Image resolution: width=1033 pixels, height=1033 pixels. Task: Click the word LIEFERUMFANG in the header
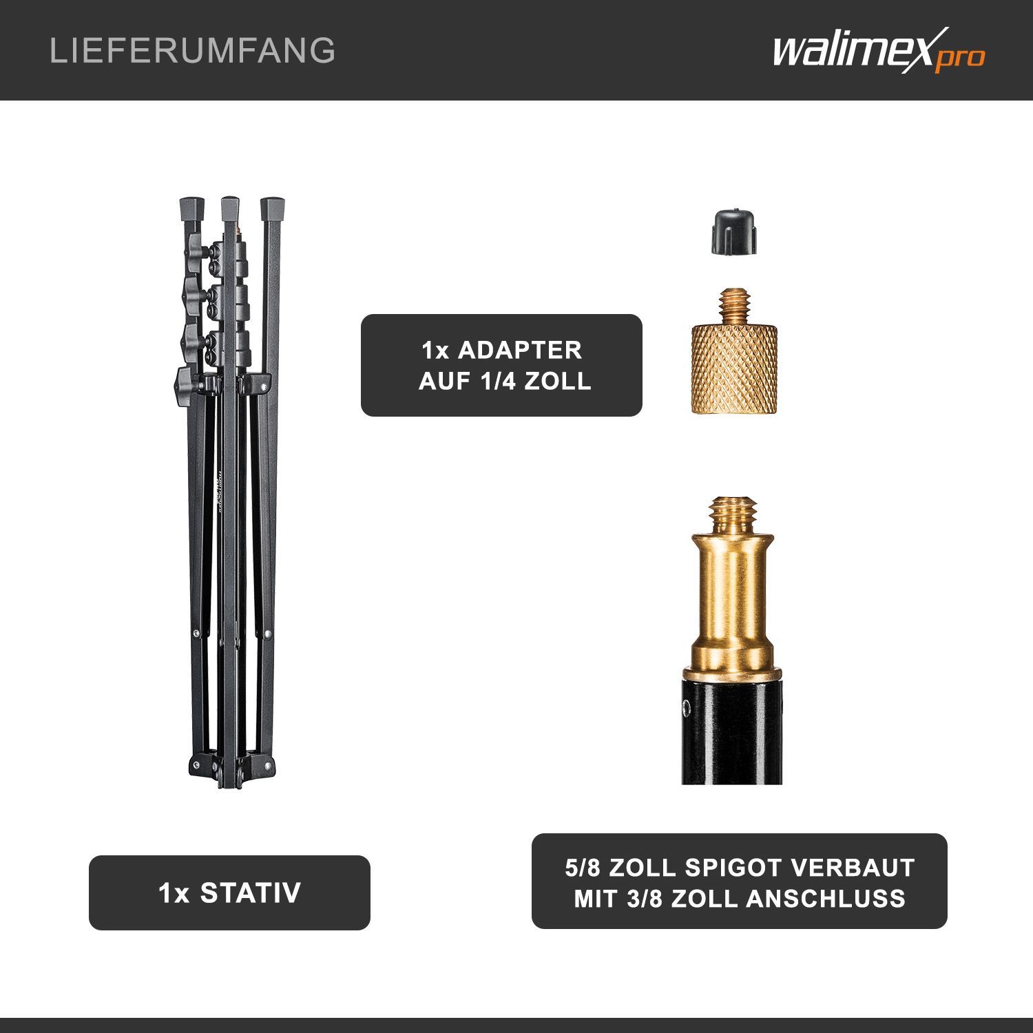193,51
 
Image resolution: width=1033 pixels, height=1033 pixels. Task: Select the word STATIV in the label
251,893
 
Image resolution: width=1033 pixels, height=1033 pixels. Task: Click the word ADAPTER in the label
520,350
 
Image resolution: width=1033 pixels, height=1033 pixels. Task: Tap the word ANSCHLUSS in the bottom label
826,899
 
